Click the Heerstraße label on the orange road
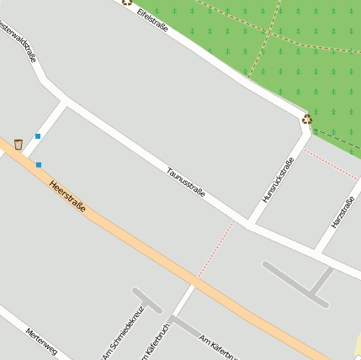[x=67, y=196]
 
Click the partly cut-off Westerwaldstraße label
[x=20, y=42]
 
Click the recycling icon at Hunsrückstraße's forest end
[x=307, y=119]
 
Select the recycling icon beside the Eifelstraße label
[x=127, y=2]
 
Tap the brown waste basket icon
[x=19, y=145]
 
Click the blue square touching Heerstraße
[x=39, y=165]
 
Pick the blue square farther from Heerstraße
[x=38, y=135]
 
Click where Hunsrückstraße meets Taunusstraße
[x=250, y=224]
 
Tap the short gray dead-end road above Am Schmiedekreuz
[x=146, y=300]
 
